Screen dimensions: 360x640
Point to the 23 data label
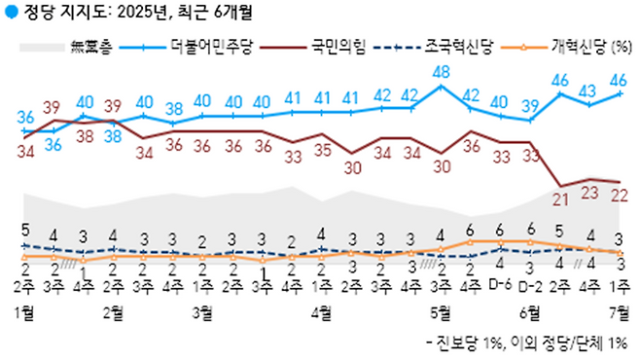(x=590, y=193)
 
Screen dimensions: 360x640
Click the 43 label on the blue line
(x=590, y=90)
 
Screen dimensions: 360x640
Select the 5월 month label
(x=442, y=311)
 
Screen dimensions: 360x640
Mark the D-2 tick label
(x=531, y=285)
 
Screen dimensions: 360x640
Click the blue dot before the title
(x=10, y=13)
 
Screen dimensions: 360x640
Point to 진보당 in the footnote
(x=456, y=343)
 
